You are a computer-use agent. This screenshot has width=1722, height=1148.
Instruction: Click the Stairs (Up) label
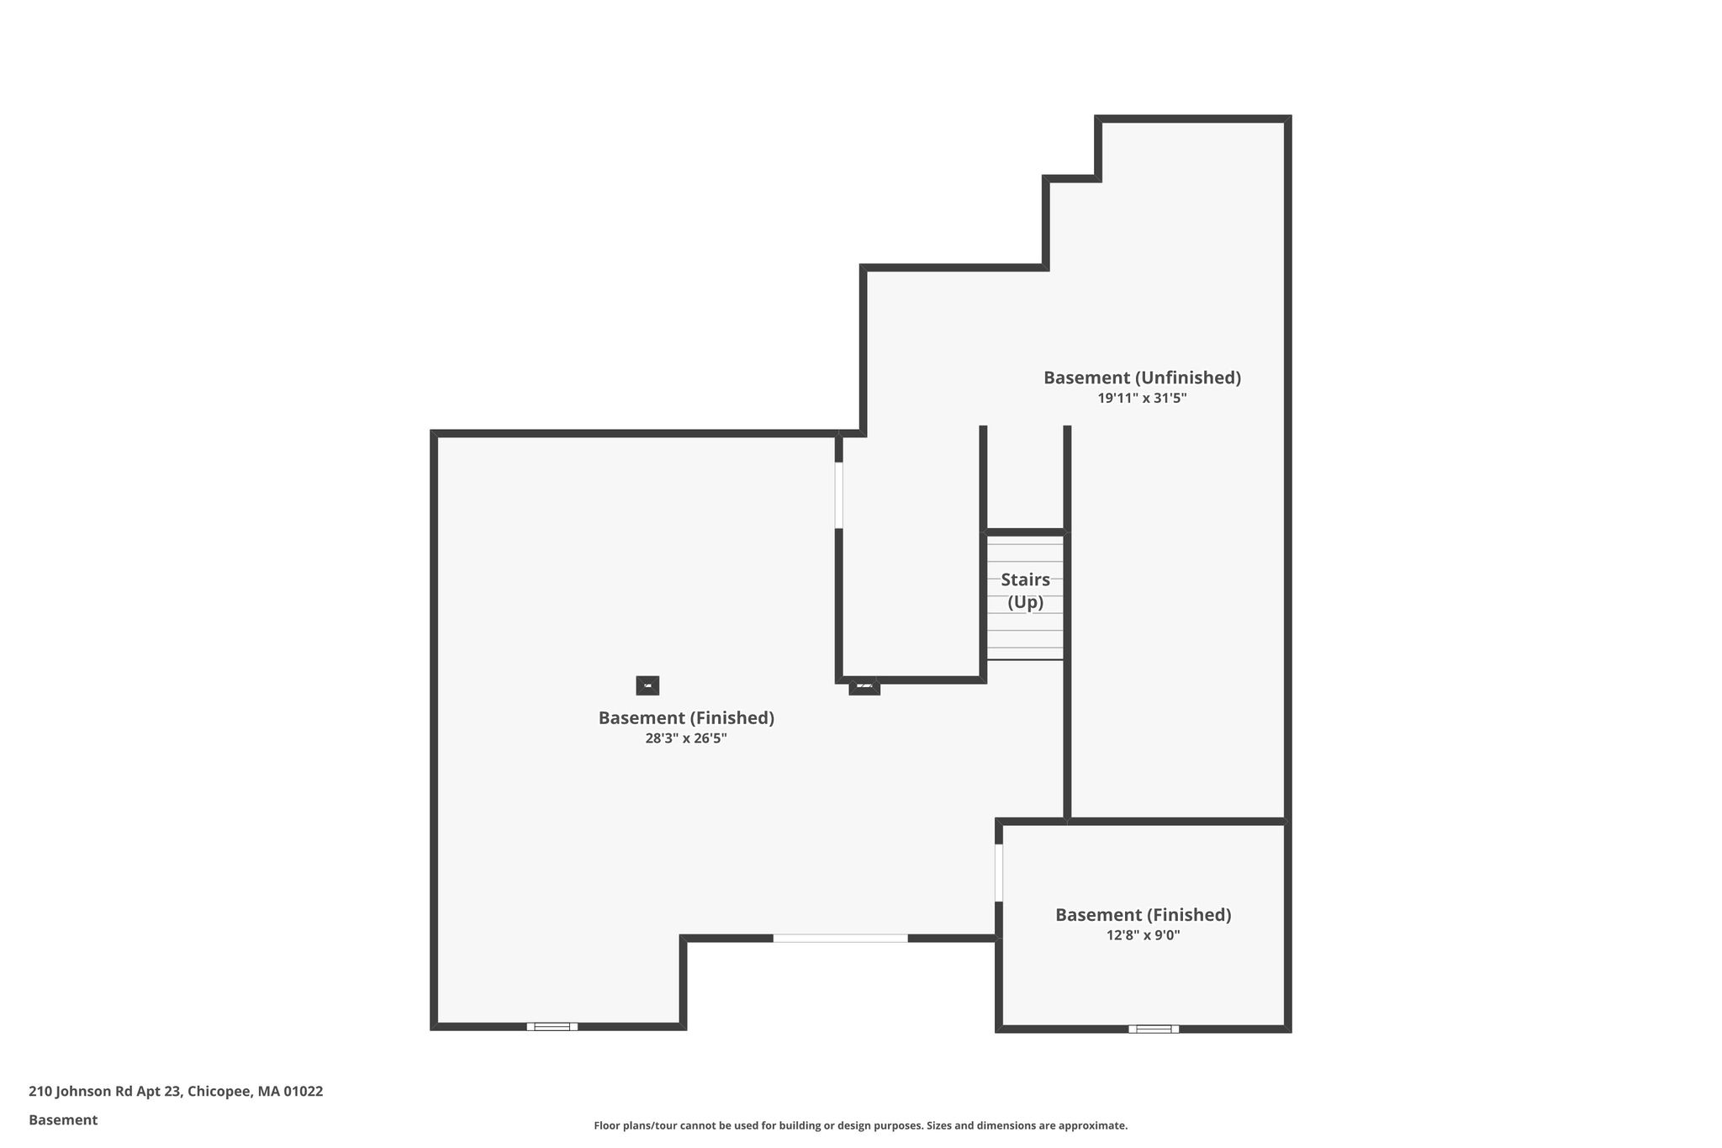(1026, 591)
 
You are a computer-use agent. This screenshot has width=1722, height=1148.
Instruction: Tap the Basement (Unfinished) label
(1142, 378)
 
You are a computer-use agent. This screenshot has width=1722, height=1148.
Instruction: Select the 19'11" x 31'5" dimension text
(1142, 399)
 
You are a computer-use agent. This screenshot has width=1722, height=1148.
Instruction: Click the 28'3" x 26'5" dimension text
(686, 738)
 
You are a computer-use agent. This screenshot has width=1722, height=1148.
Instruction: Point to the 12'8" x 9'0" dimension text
(1144, 935)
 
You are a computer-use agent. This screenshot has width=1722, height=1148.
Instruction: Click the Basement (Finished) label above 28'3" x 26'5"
(686, 718)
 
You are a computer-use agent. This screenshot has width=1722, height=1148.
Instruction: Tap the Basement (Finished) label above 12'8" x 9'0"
(1144, 915)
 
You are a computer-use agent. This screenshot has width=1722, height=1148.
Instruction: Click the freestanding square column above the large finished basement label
(647, 685)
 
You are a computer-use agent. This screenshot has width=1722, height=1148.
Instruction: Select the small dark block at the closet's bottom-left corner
(864, 686)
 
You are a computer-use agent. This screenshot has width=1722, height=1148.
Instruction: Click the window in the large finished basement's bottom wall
(552, 1026)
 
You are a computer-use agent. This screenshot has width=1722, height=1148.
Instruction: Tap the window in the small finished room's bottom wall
(1154, 1029)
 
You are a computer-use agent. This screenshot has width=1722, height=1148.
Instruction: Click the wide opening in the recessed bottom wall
(841, 938)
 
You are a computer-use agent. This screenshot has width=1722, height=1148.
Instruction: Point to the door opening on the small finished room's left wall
(999, 872)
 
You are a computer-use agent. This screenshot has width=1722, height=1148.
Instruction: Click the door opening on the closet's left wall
(838, 495)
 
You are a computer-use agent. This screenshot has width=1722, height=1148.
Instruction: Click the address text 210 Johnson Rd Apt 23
(105, 1092)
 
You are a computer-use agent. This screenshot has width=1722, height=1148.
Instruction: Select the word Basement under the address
(63, 1120)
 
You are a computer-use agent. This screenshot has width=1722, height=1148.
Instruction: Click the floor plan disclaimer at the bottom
(861, 1125)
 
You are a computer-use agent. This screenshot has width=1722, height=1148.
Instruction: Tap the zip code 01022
(304, 1092)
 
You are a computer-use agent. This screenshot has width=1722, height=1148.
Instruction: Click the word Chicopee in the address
(219, 1092)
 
